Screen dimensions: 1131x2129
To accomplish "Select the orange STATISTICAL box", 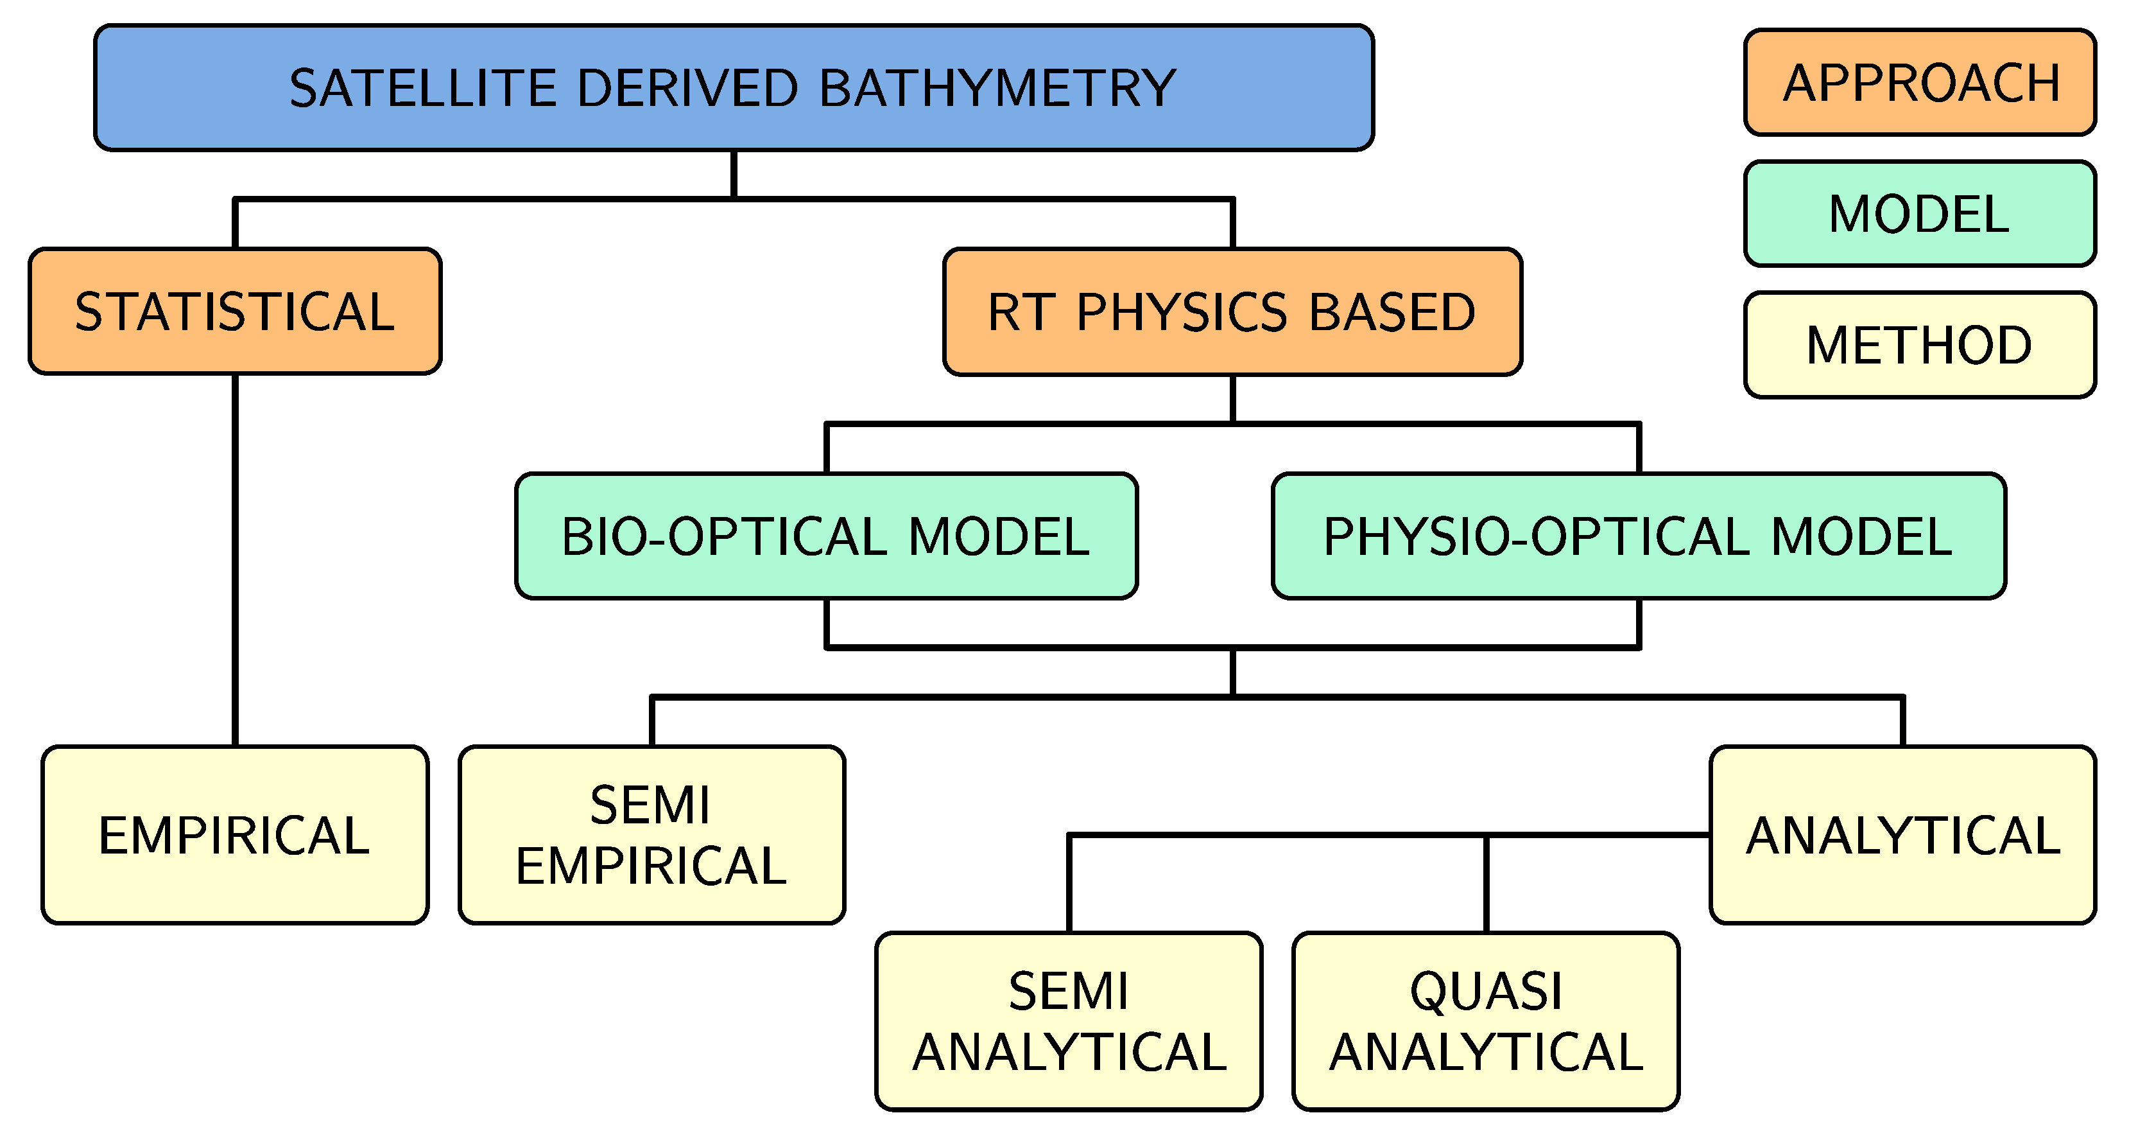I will tap(235, 311).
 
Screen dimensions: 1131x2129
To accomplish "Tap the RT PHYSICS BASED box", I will tap(1232, 311).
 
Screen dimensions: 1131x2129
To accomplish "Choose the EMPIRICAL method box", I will tap(235, 834).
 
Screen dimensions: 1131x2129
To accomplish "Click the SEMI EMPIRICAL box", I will tap(651, 834).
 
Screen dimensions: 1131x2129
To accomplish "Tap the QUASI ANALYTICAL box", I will tap(1485, 1021).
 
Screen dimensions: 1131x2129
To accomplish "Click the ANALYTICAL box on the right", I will tap(1902, 834).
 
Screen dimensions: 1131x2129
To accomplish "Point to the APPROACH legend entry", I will tap(1919, 83).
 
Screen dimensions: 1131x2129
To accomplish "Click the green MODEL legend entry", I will tap(1919, 214).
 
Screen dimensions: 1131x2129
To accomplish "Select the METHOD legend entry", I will tap(1919, 345).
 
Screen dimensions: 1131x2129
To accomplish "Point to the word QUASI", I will tap(1485, 990).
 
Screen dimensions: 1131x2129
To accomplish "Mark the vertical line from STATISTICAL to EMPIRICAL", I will tap(235, 562).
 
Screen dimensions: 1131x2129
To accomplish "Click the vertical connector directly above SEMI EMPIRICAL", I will tap(652, 722).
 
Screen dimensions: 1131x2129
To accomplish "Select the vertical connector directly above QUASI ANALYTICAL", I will tap(1485, 884).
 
